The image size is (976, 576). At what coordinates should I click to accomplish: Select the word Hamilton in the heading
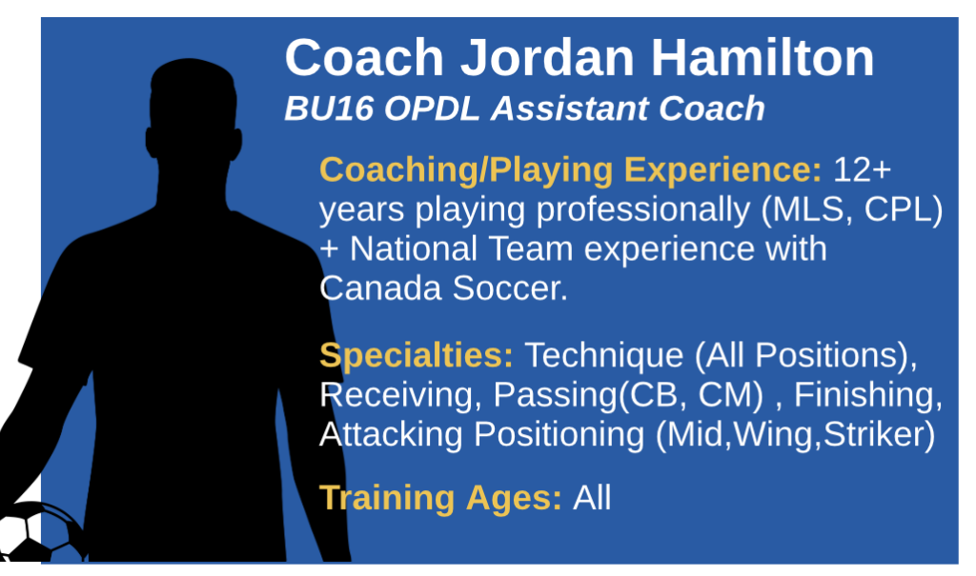click(x=762, y=57)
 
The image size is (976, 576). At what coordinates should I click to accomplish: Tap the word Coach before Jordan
click(x=364, y=57)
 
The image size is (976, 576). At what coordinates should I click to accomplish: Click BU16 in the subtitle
click(x=329, y=109)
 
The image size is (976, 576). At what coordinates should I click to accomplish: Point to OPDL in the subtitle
click(x=432, y=109)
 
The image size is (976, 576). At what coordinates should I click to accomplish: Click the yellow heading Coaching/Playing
click(x=466, y=169)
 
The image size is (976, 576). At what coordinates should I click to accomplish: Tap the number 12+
click(x=862, y=169)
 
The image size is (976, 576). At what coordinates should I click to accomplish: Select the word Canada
click(x=380, y=288)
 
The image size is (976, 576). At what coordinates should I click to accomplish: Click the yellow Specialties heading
click(x=417, y=356)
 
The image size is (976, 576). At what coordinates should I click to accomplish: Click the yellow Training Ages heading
click(x=440, y=498)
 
